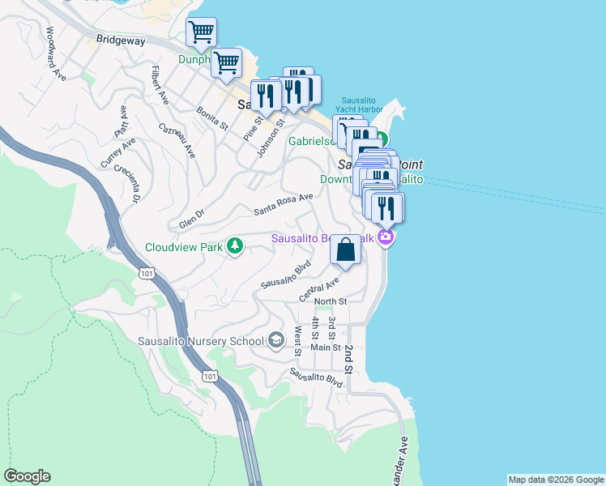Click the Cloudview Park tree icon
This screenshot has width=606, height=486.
(235, 245)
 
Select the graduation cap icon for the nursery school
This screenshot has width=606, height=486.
(276, 339)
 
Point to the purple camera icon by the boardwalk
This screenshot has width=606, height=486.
(386, 237)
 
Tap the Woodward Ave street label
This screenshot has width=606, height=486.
(55, 53)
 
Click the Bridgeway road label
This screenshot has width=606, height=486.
(121, 39)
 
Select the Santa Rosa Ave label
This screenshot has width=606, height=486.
(283, 203)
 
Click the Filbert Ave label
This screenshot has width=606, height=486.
(159, 85)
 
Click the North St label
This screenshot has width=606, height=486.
(331, 301)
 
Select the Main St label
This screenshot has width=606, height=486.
(326, 347)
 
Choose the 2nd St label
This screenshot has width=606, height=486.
(348, 359)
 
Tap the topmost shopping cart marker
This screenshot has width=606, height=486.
(201, 32)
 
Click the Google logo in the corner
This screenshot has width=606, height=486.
(27, 476)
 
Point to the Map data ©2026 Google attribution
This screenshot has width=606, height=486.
(555, 480)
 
